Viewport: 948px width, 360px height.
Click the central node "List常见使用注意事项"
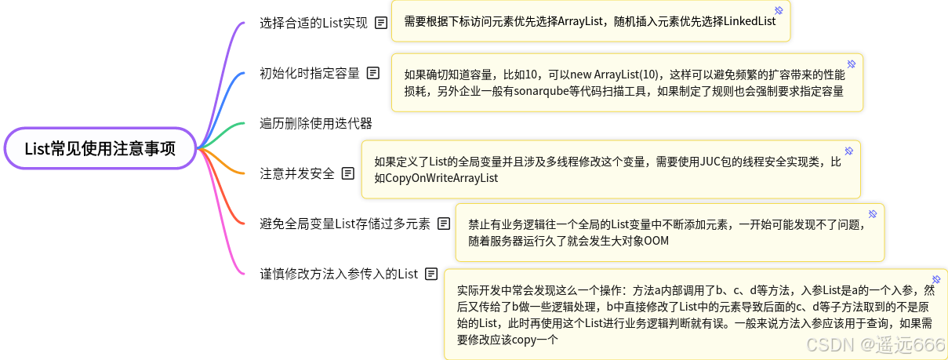click(100, 148)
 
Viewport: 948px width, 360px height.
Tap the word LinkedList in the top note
click(744, 21)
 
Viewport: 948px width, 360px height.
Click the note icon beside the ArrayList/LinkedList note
click(380, 23)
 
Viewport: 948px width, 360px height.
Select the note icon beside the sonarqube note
click(373, 73)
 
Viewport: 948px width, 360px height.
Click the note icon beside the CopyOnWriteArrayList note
click(347, 173)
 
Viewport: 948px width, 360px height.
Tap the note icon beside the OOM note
click(444, 224)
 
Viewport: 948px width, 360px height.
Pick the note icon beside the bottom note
click(430, 274)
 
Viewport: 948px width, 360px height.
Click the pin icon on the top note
click(779, 10)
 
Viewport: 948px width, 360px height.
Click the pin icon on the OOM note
click(872, 213)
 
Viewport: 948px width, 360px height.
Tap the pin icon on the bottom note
click(935, 279)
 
